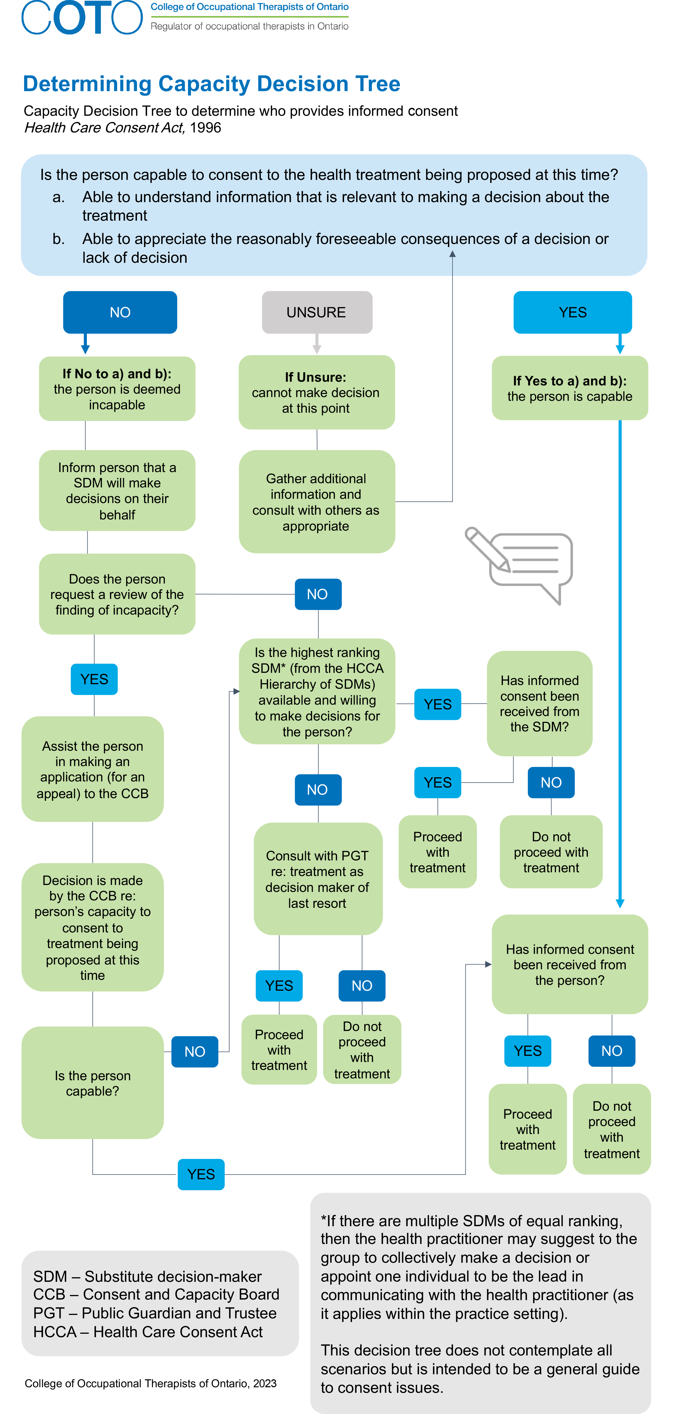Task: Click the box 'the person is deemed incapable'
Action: coord(117,389)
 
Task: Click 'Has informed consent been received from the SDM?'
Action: coord(539,703)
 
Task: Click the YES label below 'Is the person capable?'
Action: coord(201,1174)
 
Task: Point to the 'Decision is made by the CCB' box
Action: coord(92,927)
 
